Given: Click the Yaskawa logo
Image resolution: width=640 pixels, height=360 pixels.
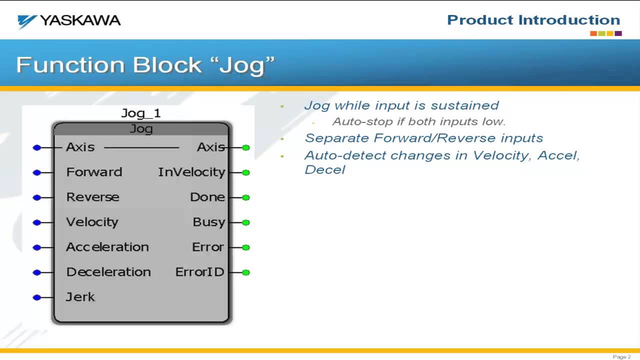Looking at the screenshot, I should (x=69, y=21).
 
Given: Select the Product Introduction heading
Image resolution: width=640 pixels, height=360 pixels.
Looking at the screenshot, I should (x=533, y=20).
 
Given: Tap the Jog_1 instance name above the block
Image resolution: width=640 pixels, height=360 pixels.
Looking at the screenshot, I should (x=141, y=113).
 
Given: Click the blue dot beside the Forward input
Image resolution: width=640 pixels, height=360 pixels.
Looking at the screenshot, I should (x=36, y=172).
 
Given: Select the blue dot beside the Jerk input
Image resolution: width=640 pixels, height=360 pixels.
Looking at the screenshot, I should (x=36, y=297).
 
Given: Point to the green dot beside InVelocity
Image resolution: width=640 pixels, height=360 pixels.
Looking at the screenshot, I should (x=245, y=172).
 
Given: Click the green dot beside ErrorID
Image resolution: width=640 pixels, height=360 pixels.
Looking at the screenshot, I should (x=245, y=272).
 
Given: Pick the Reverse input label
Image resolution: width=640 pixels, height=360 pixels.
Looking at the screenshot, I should (x=92, y=197).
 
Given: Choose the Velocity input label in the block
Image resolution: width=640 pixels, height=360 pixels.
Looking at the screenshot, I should (x=92, y=222).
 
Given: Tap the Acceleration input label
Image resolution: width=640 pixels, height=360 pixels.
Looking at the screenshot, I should (x=107, y=247).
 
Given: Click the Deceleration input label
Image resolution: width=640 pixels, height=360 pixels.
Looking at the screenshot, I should (x=108, y=272).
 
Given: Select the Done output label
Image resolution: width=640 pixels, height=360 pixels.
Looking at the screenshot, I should (x=207, y=197).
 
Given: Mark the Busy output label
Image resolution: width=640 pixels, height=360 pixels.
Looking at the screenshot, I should (x=208, y=222).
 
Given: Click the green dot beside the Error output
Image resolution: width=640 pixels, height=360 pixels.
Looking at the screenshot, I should (x=245, y=247).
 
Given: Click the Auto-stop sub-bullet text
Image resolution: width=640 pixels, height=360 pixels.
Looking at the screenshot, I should (x=419, y=121).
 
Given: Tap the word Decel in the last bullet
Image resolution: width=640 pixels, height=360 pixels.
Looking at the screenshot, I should (x=324, y=169).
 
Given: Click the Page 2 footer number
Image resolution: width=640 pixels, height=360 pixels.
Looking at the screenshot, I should (x=621, y=356).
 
